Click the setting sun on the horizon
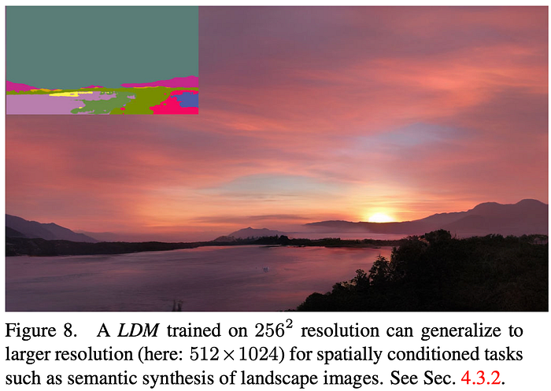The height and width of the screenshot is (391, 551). point(380,217)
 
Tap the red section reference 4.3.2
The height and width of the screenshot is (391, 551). point(480,378)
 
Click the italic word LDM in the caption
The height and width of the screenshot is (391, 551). point(138,331)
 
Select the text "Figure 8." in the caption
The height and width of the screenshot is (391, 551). point(41,331)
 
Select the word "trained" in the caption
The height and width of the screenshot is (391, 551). point(194,331)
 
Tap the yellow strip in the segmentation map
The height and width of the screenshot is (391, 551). point(70,94)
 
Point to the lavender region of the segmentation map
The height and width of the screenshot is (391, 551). point(39,105)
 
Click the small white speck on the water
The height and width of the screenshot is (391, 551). point(266,269)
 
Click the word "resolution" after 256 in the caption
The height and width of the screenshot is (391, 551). point(340,331)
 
